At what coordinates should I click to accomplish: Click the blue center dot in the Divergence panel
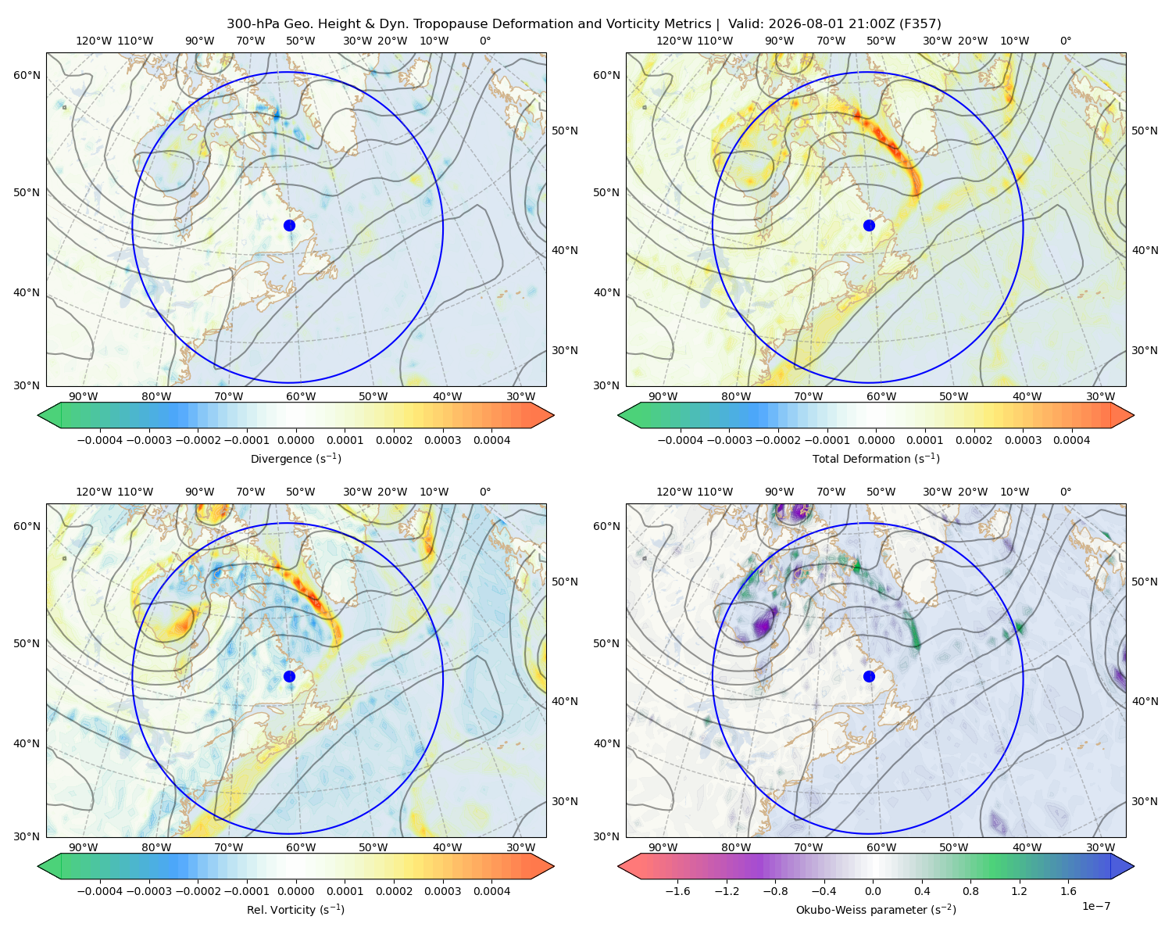pyautogui.click(x=289, y=225)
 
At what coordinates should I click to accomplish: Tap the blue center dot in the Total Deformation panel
pyautogui.click(x=869, y=225)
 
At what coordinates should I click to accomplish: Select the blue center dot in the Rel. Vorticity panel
pyautogui.click(x=289, y=676)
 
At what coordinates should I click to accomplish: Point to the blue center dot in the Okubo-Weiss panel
pyautogui.click(x=869, y=676)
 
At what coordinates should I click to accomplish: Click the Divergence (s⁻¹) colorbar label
pyautogui.click(x=295, y=458)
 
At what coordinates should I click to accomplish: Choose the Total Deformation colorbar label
pyautogui.click(x=876, y=458)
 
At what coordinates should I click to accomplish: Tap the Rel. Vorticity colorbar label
pyautogui.click(x=295, y=909)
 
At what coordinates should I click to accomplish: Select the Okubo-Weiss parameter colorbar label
pyautogui.click(x=876, y=909)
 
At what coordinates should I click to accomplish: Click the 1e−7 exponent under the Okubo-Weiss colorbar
pyautogui.click(x=1095, y=906)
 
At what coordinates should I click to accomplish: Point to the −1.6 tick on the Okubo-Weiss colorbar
pyautogui.click(x=677, y=890)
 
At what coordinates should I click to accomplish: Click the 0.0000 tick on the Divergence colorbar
pyautogui.click(x=295, y=440)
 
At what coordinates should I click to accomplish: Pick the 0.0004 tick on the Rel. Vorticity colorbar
pyautogui.click(x=491, y=890)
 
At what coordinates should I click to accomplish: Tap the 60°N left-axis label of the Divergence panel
pyautogui.click(x=27, y=75)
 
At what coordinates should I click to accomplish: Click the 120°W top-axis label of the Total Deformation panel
pyautogui.click(x=674, y=41)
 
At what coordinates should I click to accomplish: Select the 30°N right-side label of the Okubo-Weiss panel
pyautogui.click(x=1145, y=800)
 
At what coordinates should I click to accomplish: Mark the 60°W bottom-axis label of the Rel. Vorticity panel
pyautogui.click(x=301, y=847)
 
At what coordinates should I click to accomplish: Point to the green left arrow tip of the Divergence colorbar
pyautogui.click(x=38, y=415)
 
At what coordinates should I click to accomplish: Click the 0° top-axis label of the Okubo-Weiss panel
pyautogui.click(x=1065, y=492)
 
